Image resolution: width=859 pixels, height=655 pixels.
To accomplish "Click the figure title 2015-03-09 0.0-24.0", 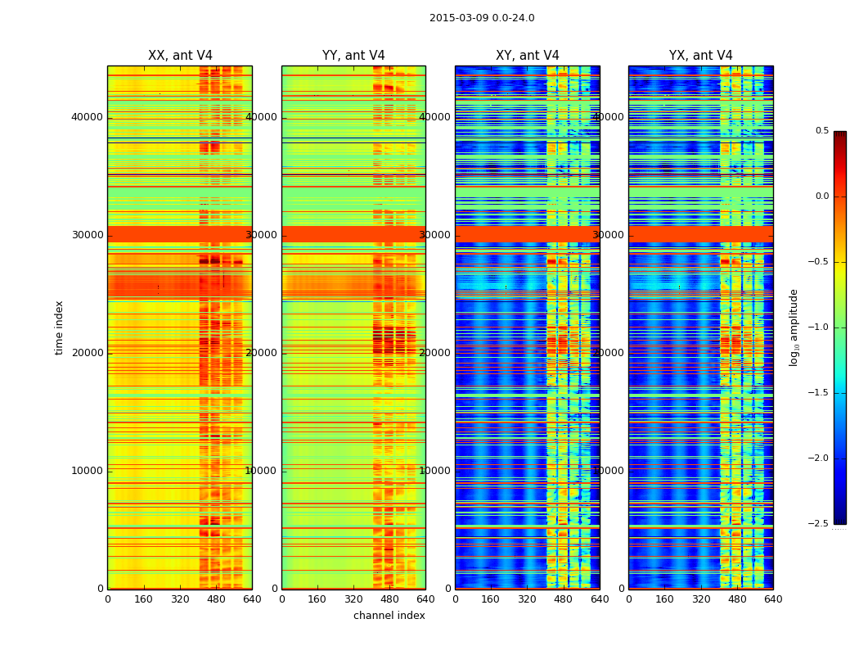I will coord(482,18).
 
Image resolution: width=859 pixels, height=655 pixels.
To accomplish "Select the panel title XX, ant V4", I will coord(180,56).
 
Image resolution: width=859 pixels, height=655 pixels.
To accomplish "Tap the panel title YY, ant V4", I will coord(353,56).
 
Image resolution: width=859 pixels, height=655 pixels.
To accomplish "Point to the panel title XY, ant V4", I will coord(528,56).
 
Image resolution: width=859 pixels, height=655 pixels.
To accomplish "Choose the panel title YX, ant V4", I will coord(701,56).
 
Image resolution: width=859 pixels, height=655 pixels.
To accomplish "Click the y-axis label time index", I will coord(59,327).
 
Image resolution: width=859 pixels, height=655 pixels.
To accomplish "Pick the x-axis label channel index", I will coord(389,616).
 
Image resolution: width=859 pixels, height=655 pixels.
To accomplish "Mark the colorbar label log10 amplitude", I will coord(794,327).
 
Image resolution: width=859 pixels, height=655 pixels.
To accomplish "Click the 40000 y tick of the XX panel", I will coord(87,117).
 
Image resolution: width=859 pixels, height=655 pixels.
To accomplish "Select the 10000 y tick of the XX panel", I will coord(87,471).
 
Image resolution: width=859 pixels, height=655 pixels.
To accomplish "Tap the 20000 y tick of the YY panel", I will coord(261,353).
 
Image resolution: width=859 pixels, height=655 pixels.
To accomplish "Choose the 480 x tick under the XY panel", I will coord(564,599).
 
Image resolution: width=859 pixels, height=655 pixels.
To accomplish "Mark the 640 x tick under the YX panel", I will coord(773,599).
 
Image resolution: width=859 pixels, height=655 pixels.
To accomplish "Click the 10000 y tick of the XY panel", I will coord(434,471).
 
